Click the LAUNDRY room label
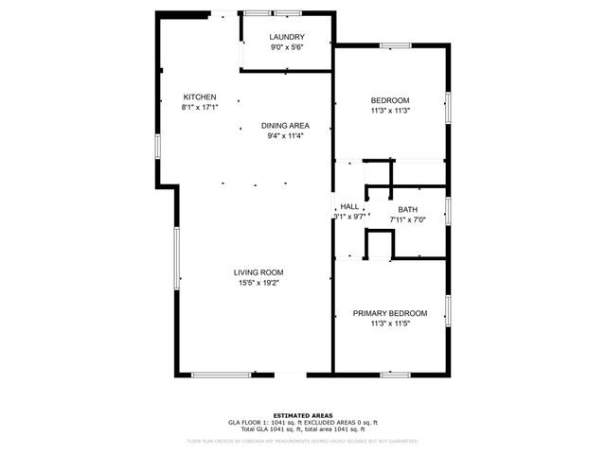point(287,37)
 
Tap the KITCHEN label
point(200,96)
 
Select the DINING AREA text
point(285,126)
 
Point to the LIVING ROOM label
point(258,271)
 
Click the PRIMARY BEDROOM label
point(389,313)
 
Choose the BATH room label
point(407,209)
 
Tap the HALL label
point(349,206)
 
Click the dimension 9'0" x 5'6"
point(287,47)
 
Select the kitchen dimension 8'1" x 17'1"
point(200,107)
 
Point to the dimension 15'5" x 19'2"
point(258,282)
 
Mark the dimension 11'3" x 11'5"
point(389,323)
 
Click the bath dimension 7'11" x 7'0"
point(407,219)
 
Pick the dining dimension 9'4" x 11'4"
point(285,136)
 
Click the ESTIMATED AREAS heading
point(302,415)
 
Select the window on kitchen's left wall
point(157,147)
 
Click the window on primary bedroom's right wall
point(448,309)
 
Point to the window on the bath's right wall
point(448,210)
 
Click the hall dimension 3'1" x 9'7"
point(349,217)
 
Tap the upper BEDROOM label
point(389,100)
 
